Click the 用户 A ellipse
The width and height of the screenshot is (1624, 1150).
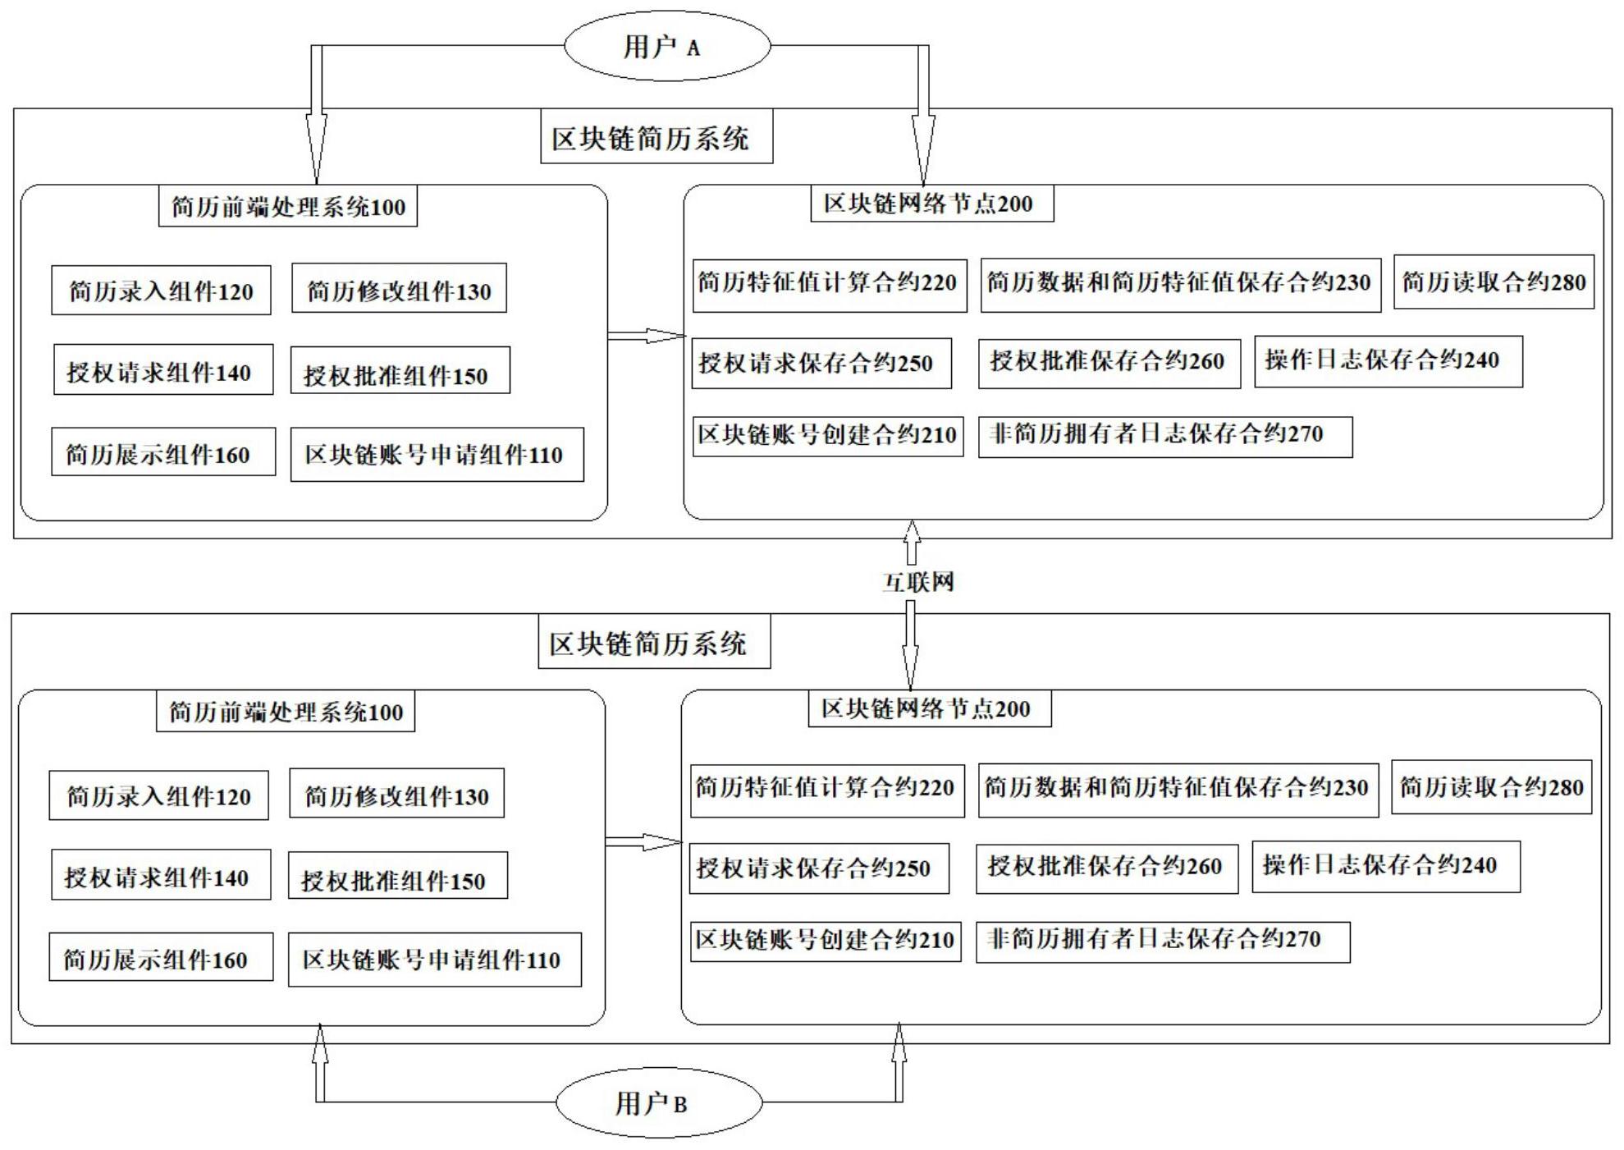tap(666, 46)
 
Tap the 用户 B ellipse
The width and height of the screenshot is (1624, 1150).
tap(658, 1102)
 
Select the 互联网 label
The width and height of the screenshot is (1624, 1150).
tap(917, 582)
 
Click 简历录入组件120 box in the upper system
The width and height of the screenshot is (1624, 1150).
tap(161, 291)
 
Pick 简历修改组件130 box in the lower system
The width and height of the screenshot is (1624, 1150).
tap(396, 795)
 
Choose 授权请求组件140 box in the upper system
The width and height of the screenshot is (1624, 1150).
tap(162, 371)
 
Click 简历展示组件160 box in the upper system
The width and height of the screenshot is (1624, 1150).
tap(162, 451)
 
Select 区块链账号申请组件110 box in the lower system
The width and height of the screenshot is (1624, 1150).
tap(434, 959)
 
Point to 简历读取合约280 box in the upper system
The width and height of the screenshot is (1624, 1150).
tap(1493, 282)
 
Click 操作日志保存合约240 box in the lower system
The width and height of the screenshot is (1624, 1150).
tap(1385, 866)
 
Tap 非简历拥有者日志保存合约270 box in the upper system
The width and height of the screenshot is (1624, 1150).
tap(1164, 436)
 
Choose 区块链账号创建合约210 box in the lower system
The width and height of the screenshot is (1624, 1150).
tap(825, 940)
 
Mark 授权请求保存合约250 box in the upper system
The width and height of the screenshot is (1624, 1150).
tap(821, 363)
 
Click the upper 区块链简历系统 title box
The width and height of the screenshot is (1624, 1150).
tap(656, 139)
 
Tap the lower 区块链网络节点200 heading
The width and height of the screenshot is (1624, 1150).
tap(929, 709)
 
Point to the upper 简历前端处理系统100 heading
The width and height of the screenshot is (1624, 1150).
tap(287, 206)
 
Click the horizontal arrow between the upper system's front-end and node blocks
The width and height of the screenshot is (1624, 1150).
tap(646, 335)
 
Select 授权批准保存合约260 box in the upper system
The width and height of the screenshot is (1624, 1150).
tap(1109, 362)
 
